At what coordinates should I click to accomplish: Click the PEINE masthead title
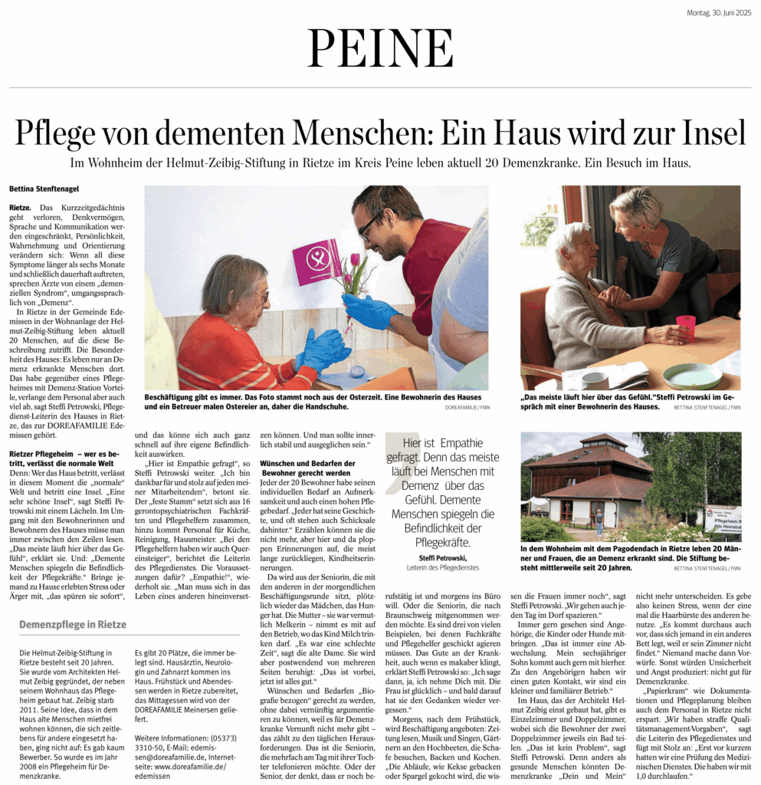coord(380,49)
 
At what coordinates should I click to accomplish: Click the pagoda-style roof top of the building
coord(603,442)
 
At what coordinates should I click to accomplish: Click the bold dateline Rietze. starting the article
coord(21,208)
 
